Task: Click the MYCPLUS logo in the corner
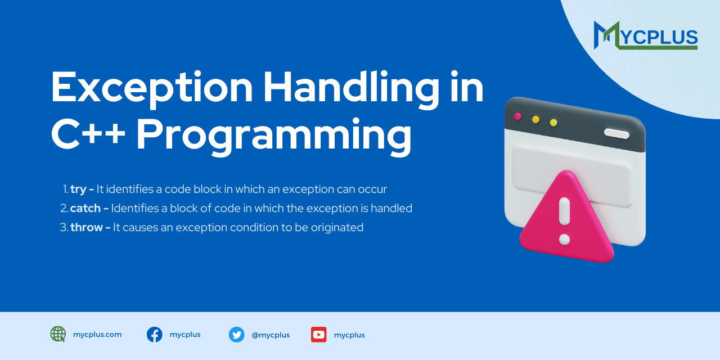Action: click(x=646, y=35)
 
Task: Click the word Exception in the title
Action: click(x=152, y=88)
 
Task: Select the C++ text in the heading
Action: click(x=88, y=135)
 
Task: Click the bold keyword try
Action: click(x=79, y=189)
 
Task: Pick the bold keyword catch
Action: click(x=85, y=208)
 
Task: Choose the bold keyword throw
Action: click(x=87, y=227)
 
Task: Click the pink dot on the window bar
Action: click(x=517, y=116)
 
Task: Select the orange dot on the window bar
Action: click(x=535, y=119)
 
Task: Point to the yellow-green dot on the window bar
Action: click(x=553, y=123)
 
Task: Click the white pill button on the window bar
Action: click(x=616, y=133)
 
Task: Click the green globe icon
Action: click(x=58, y=334)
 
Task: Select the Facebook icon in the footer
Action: click(x=155, y=335)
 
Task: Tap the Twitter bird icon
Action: click(x=237, y=335)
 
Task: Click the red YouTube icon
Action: click(x=319, y=335)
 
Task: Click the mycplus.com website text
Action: click(x=97, y=335)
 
